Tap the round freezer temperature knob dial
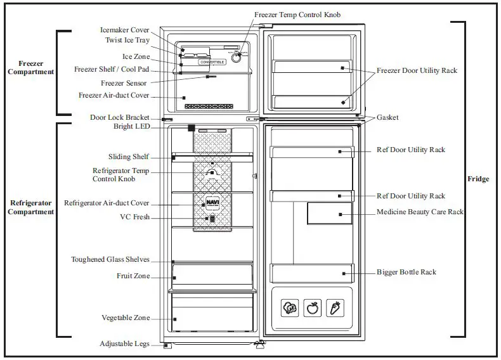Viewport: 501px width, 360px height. coord(237,57)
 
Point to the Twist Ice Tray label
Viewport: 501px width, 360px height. coord(127,40)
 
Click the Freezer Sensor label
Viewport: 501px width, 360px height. coord(123,83)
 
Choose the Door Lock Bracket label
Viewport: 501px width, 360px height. coord(120,117)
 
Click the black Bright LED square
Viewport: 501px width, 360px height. coord(191,127)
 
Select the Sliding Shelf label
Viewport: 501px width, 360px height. coord(128,157)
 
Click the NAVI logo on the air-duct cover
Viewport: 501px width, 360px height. coord(211,203)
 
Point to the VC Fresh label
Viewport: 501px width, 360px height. coord(134,216)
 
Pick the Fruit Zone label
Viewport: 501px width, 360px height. coord(133,276)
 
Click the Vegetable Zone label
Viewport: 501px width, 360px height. coord(126,318)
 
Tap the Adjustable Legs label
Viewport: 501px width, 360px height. coord(124,344)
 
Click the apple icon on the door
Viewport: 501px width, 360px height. coord(312,309)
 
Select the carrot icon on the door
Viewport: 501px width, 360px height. coord(334,309)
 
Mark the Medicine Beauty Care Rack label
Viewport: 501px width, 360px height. coord(420,212)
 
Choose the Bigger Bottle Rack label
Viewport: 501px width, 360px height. coord(407,272)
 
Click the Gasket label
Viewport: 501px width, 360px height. coord(387,118)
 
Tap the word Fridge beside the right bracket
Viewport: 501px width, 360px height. coord(478,179)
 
